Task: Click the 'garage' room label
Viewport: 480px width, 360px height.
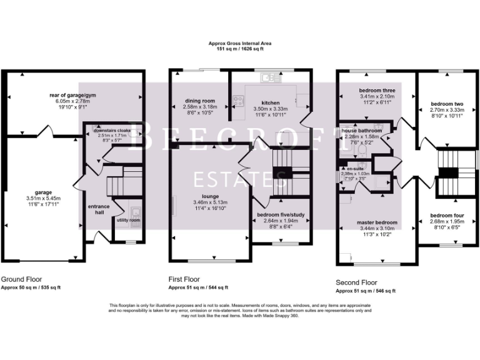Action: [x=43, y=192]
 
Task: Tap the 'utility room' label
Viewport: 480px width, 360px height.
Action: [x=128, y=221]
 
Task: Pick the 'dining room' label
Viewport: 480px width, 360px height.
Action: [x=199, y=101]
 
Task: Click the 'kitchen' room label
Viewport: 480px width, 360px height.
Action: [x=270, y=102]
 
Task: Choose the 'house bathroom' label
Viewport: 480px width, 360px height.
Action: [x=365, y=130]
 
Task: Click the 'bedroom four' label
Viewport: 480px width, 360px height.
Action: [x=446, y=216]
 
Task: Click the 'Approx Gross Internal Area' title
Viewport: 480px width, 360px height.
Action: [x=240, y=43]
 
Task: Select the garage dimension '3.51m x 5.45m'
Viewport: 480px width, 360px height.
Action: [x=43, y=197]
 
